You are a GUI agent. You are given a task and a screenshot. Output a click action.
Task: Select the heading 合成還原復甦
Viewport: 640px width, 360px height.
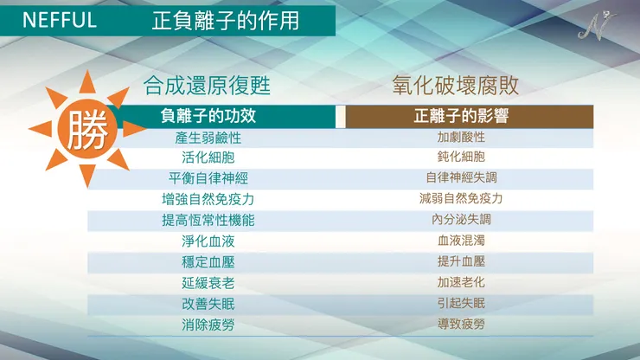[208, 87]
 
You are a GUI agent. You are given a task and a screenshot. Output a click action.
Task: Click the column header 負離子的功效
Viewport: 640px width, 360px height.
[208, 116]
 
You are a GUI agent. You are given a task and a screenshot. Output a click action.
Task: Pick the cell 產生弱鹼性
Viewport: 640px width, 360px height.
[208, 138]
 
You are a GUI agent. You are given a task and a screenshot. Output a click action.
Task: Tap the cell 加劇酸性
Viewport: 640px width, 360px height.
[461, 138]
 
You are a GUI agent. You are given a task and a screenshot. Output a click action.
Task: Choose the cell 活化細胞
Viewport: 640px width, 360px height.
[208, 157]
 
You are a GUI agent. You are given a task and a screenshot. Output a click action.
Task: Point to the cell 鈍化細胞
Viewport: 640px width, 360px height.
[461, 157]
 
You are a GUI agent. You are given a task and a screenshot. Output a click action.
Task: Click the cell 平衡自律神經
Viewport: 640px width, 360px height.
[208, 178]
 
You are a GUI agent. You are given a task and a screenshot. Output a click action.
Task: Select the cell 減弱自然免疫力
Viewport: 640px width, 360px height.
[461, 199]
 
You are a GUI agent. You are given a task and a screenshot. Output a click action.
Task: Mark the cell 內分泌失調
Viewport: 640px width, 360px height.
[461, 220]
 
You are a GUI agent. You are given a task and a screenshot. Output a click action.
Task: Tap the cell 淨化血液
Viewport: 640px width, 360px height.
[208, 241]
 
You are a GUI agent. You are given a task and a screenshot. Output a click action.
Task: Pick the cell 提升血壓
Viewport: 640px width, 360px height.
[461, 262]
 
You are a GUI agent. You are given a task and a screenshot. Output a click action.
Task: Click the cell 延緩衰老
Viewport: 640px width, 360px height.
[208, 283]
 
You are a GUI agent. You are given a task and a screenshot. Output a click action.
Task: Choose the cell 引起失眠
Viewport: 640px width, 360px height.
[461, 304]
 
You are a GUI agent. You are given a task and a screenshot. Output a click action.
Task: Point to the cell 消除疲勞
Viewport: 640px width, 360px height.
[208, 325]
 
